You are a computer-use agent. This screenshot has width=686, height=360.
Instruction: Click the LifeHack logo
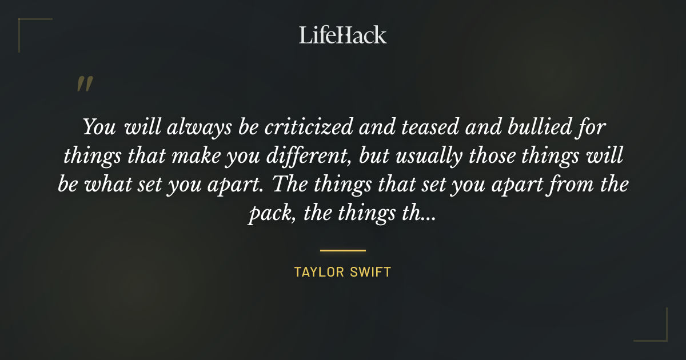343,35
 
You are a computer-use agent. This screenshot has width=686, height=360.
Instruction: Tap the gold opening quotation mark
85,85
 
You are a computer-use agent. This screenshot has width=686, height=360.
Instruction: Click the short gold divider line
343,250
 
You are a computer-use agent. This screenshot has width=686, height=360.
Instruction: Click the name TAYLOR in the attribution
317,272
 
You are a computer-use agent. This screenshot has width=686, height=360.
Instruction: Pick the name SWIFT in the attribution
372,272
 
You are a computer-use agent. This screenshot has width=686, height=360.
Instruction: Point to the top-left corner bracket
26,26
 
